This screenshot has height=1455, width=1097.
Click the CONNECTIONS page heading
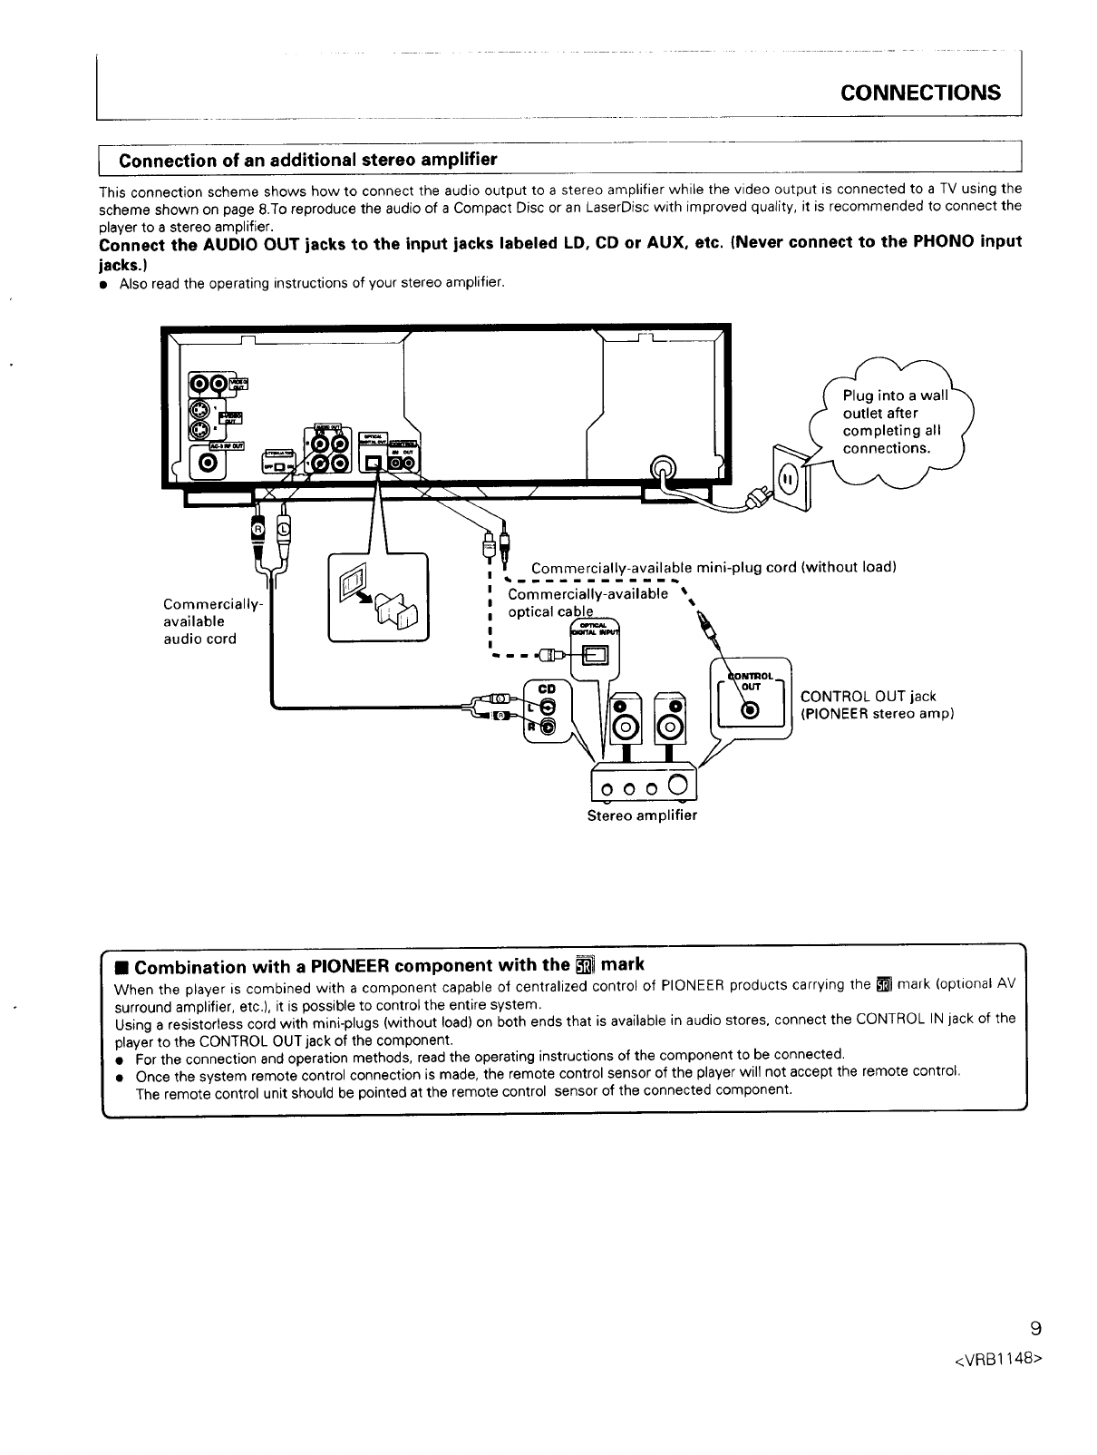[920, 93]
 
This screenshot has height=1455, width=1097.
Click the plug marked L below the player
[283, 529]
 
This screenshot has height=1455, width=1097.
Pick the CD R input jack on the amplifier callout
[547, 726]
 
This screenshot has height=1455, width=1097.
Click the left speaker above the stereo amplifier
[624, 722]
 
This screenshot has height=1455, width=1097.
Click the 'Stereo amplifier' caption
[642, 815]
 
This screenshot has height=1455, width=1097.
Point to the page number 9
[1036, 1330]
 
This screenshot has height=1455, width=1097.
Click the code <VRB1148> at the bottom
[995, 1361]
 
